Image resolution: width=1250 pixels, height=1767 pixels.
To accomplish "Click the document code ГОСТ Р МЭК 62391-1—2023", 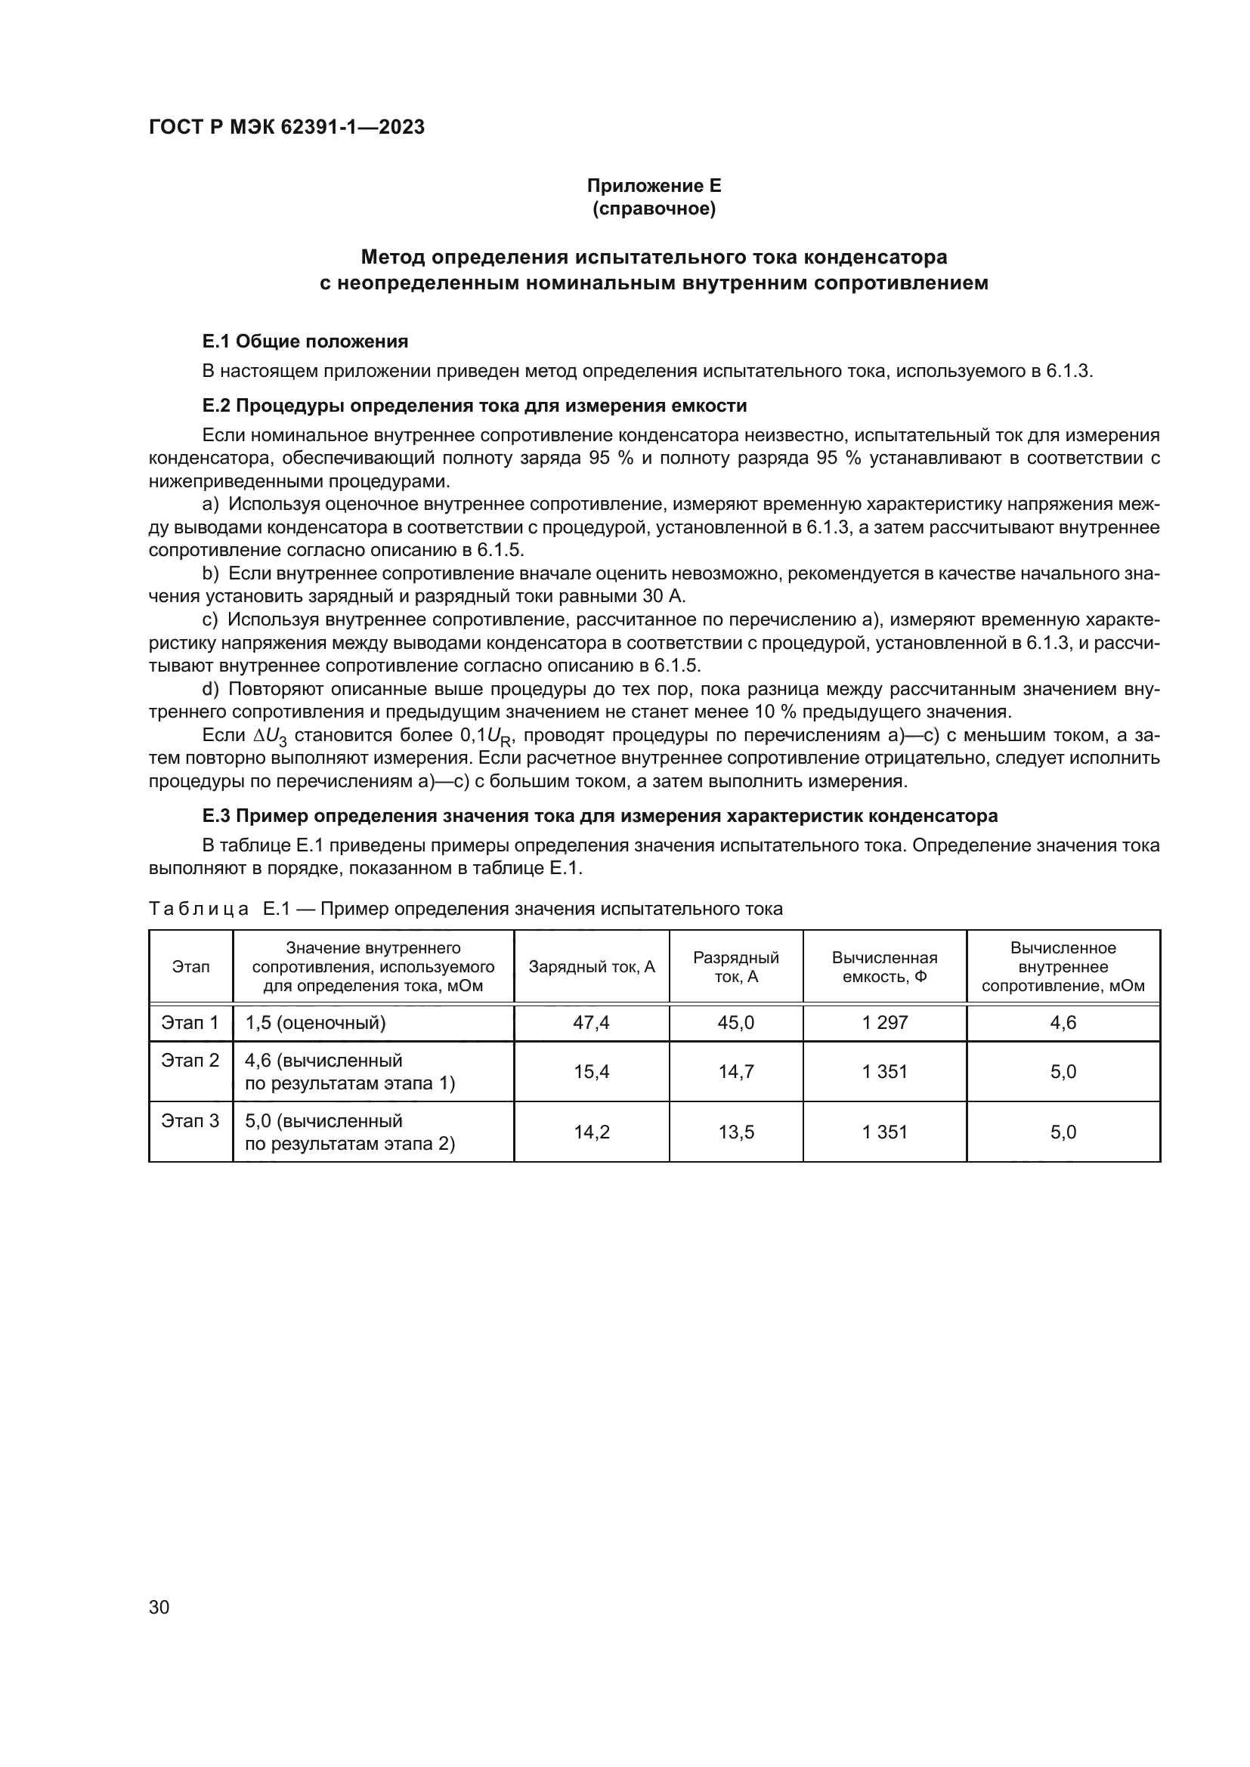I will click(286, 128).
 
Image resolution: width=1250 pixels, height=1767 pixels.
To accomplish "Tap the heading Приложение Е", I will click(654, 186).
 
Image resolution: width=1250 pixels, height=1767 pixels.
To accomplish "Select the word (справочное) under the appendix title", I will click(654, 209).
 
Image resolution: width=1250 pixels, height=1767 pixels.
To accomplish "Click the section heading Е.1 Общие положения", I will click(305, 341).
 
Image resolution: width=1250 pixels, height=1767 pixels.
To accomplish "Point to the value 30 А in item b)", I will click(663, 597).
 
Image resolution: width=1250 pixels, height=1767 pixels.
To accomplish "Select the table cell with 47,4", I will click(591, 1023).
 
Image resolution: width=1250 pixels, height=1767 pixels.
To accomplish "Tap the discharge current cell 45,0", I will click(736, 1023).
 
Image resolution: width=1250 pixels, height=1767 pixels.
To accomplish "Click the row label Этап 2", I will click(190, 1061).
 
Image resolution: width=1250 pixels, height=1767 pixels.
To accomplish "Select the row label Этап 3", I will click(190, 1120).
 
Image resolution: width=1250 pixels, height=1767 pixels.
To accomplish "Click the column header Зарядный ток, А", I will click(591, 967).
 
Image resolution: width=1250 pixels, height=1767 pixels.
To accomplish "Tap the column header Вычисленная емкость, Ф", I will click(884, 967).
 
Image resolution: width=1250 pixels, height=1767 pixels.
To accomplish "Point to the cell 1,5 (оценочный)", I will click(315, 1023).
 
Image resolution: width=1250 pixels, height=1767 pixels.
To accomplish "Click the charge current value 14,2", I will click(591, 1132).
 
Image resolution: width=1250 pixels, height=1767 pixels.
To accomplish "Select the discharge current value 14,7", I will click(736, 1072).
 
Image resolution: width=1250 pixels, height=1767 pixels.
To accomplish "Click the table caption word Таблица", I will click(199, 909).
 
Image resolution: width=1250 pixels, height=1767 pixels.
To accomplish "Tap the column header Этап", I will click(190, 967).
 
